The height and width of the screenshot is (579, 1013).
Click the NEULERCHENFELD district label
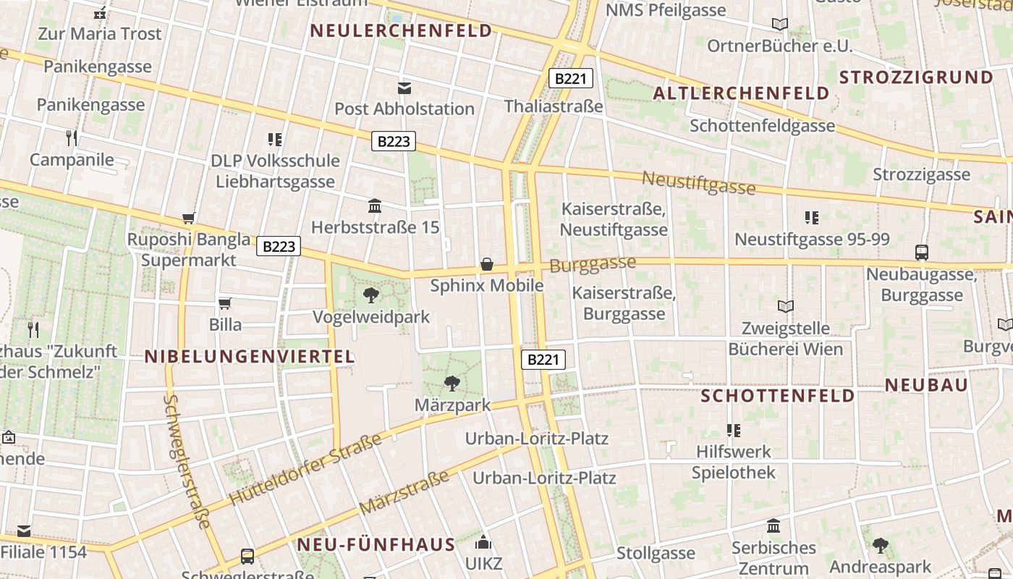(x=401, y=30)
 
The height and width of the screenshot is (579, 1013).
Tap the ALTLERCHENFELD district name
(x=741, y=93)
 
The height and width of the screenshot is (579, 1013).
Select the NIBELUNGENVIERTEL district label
(x=250, y=356)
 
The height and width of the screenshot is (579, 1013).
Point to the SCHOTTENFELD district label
(x=778, y=396)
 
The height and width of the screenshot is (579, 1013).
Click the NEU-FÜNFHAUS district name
(x=376, y=544)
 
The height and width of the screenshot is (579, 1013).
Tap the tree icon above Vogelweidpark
(x=371, y=295)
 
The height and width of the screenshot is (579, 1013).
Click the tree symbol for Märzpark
(x=452, y=383)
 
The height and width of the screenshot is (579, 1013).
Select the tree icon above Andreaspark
(x=880, y=545)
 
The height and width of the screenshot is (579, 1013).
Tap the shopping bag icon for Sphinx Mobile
(x=487, y=264)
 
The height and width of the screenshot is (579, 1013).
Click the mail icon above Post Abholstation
(x=404, y=88)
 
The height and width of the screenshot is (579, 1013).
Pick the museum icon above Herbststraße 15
(x=375, y=206)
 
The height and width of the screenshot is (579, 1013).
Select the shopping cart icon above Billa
(x=225, y=303)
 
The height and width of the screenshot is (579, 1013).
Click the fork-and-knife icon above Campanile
(x=72, y=138)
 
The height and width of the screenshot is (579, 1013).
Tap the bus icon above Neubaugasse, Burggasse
(x=922, y=253)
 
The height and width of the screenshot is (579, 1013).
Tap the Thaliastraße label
(x=554, y=106)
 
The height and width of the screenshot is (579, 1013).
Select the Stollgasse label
(x=656, y=554)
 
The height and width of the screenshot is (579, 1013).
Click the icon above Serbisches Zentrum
(x=773, y=525)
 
